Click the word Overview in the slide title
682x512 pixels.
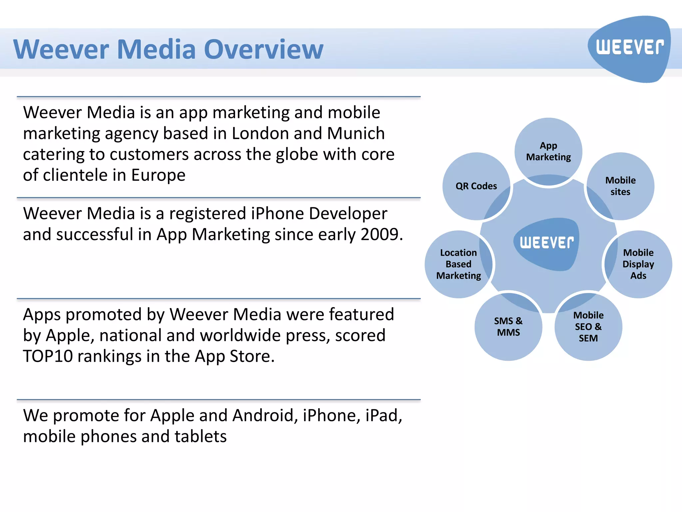coord(263,49)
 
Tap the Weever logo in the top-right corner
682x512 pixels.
coord(629,48)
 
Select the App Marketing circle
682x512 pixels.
coord(548,151)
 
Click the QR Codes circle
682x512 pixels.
coord(476,186)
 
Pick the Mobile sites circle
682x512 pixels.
coord(620,186)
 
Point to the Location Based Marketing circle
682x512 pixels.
coord(459,264)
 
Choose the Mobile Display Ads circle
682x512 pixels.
coord(638,264)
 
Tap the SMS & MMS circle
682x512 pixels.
coord(508,327)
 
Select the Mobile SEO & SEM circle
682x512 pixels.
coord(588,327)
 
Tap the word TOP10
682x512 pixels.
coord(48,356)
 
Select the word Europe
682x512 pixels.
coord(158,175)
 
